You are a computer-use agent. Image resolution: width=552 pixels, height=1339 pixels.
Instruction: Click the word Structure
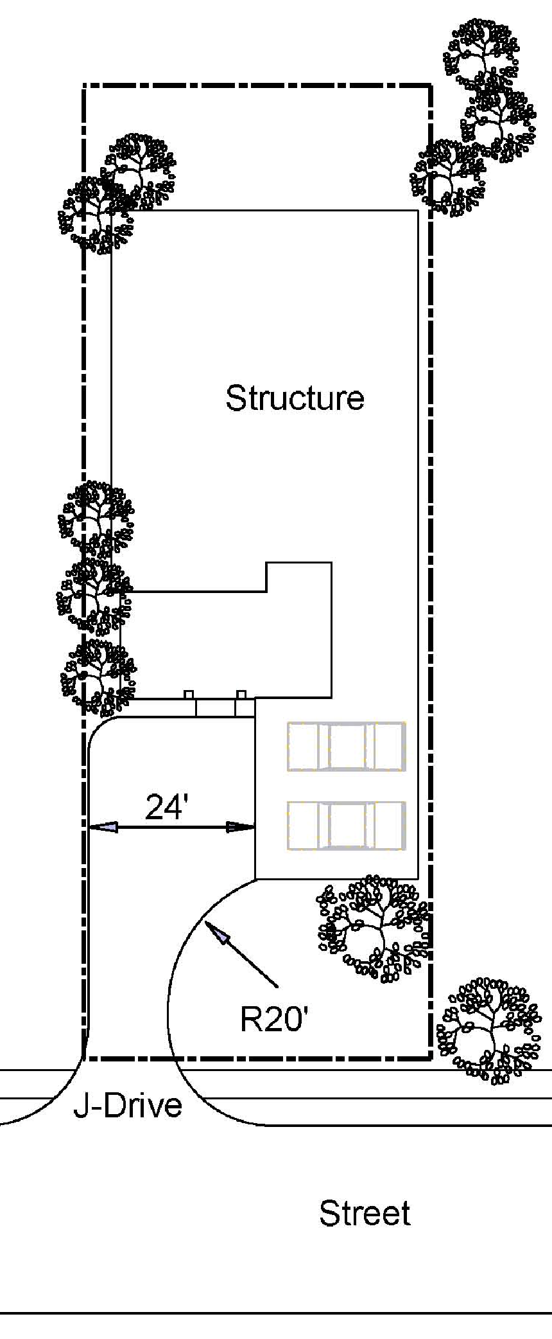coord(295,398)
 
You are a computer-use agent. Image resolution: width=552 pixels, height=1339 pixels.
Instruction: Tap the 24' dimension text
coord(166,807)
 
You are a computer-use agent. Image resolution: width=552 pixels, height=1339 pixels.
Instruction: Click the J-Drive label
coord(128,1105)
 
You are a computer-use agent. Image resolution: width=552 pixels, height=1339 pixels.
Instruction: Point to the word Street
coord(365,1213)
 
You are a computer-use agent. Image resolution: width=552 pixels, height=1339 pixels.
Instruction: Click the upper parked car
coord(347,746)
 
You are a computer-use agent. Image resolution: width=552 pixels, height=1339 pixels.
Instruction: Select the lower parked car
coord(347,826)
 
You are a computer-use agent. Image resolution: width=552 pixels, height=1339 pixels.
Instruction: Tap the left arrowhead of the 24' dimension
coord(103,828)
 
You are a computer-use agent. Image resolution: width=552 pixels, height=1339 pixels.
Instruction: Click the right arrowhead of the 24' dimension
coord(241,828)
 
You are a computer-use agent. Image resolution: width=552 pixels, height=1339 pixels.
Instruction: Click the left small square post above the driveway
coord(189,695)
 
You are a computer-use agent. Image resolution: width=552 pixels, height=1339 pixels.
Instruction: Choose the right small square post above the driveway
coord(241,695)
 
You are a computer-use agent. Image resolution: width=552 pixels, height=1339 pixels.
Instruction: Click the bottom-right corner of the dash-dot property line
coord(430,1058)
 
